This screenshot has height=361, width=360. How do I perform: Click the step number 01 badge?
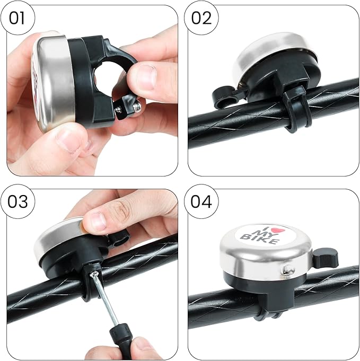[18, 19]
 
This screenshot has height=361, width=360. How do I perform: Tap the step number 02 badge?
[201, 19]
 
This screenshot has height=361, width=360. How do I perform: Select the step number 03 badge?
[18, 202]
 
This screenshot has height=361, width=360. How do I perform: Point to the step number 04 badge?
[201, 202]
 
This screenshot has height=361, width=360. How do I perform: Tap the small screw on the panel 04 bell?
[287, 270]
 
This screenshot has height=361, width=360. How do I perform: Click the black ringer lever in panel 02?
[223, 96]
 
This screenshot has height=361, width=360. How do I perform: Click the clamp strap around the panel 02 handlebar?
[293, 111]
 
